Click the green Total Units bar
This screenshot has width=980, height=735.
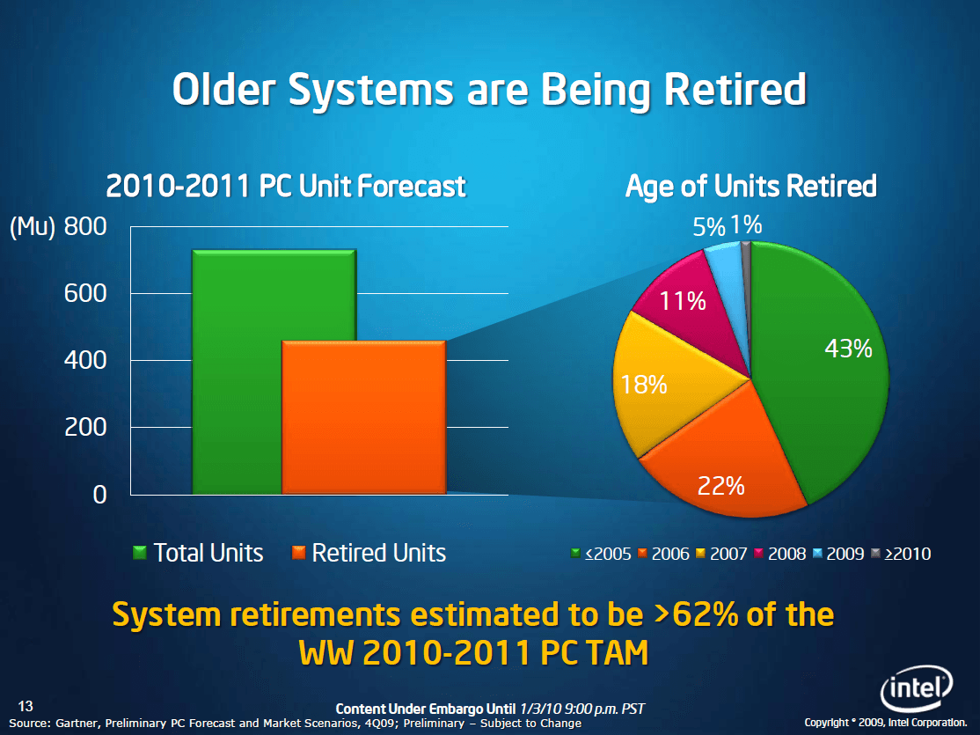(237, 372)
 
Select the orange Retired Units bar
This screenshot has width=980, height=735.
(363, 417)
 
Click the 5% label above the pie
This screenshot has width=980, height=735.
(709, 227)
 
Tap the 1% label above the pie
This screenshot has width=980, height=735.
(746, 224)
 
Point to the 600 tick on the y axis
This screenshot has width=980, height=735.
(85, 293)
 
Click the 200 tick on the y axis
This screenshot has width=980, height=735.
(85, 427)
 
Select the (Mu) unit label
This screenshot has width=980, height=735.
(33, 227)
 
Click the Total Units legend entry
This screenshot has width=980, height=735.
(198, 553)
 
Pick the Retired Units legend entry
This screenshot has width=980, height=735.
(369, 553)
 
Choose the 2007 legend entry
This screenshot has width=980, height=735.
(722, 554)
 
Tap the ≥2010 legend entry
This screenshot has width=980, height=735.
(901, 554)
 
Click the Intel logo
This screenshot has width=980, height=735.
(917, 688)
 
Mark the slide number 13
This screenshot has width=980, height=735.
(26, 706)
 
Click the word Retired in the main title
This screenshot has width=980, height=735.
(735, 90)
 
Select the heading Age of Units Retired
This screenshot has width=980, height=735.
(751, 187)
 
